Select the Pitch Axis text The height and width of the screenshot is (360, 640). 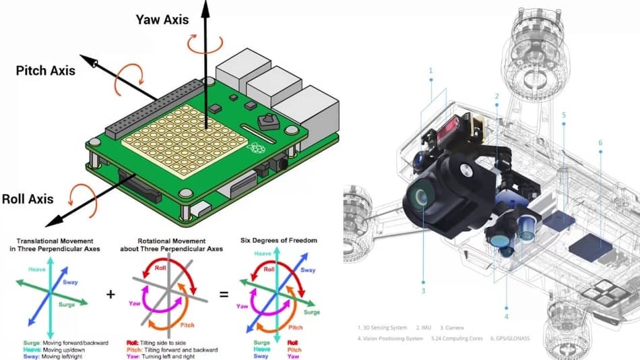(x=45, y=70)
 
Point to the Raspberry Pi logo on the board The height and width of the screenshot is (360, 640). (x=256, y=149)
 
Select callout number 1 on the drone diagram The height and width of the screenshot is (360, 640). (x=430, y=70)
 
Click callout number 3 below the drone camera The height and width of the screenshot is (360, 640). (x=423, y=291)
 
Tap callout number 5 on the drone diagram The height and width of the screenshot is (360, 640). (x=564, y=115)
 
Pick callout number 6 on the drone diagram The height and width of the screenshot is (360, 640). (x=600, y=142)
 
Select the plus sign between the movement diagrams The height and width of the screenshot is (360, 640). (x=111, y=295)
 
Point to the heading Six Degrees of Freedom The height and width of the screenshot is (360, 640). (x=278, y=241)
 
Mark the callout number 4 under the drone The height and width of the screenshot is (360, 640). (x=507, y=315)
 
